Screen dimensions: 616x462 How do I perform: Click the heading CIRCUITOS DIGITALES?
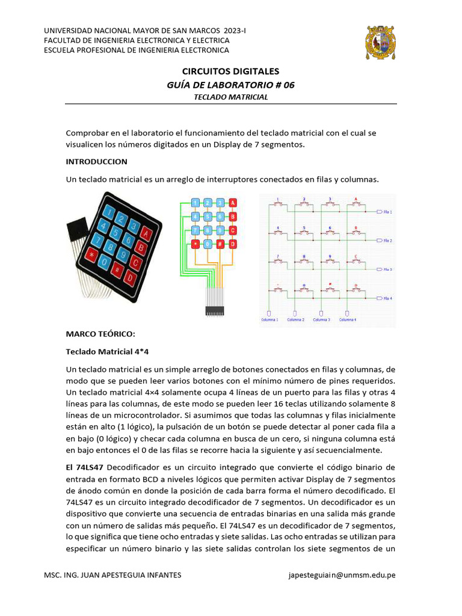pyautogui.click(x=230, y=72)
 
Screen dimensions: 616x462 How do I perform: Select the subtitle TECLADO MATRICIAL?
pyautogui.click(x=230, y=96)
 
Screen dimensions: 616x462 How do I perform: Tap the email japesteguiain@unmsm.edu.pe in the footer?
pyautogui.click(x=342, y=575)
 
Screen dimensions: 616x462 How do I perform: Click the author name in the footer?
pyautogui.click(x=113, y=575)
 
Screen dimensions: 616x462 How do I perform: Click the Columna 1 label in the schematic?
pyautogui.click(x=269, y=320)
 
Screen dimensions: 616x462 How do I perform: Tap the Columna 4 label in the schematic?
pyautogui.click(x=347, y=320)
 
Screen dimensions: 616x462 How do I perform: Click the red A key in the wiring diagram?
pyautogui.click(x=233, y=203)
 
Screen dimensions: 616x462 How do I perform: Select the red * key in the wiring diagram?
pyautogui.click(x=196, y=244)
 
